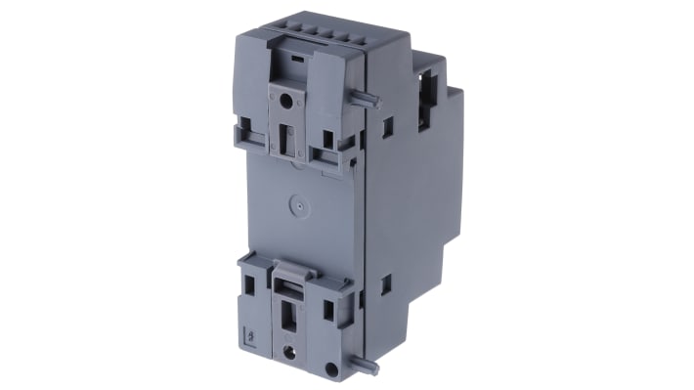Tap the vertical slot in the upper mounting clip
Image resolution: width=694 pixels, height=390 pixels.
tap(287, 141)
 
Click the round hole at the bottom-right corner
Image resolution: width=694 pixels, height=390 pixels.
tap(331, 370)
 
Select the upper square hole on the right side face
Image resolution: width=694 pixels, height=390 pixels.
tap(388, 126)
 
